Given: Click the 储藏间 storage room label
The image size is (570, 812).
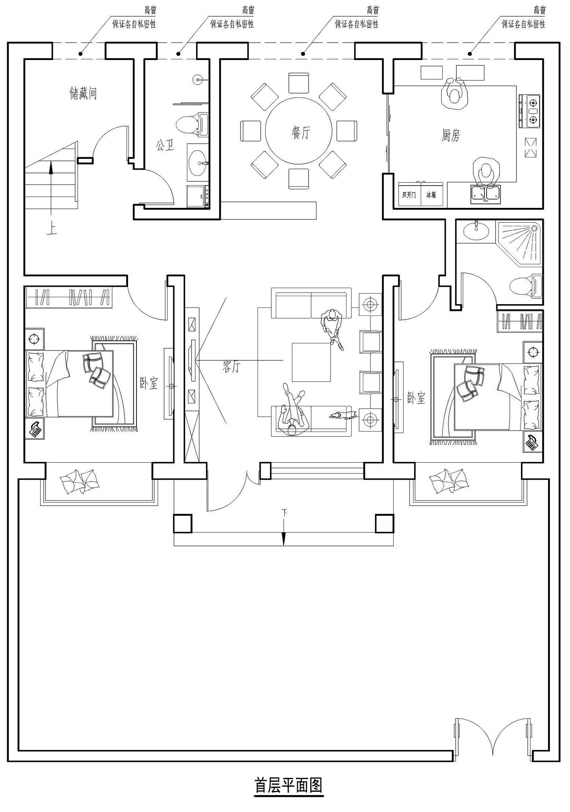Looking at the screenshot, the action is click(83, 93).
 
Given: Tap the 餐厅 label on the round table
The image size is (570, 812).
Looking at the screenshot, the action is click(301, 133).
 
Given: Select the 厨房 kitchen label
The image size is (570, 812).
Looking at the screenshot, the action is click(451, 135).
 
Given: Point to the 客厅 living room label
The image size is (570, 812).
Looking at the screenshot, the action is click(231, 366).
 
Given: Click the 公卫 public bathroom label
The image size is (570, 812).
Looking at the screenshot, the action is click(165, 145).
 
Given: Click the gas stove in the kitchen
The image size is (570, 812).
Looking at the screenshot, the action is click(529, 111).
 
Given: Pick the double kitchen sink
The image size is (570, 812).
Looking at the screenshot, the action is click(485, 194).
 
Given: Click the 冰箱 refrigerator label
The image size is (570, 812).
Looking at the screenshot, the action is click(431, 195).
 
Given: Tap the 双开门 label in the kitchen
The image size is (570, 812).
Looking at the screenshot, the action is click(409, 195).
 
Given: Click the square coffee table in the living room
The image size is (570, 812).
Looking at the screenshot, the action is click(311, 362).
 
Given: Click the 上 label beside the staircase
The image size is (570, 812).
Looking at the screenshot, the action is click(51, 228).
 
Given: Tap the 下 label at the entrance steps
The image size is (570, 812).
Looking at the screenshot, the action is click(284, 513).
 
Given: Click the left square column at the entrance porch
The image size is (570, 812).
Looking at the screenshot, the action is click(183, 524).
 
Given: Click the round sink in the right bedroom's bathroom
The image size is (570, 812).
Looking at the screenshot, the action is click(475, 231).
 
